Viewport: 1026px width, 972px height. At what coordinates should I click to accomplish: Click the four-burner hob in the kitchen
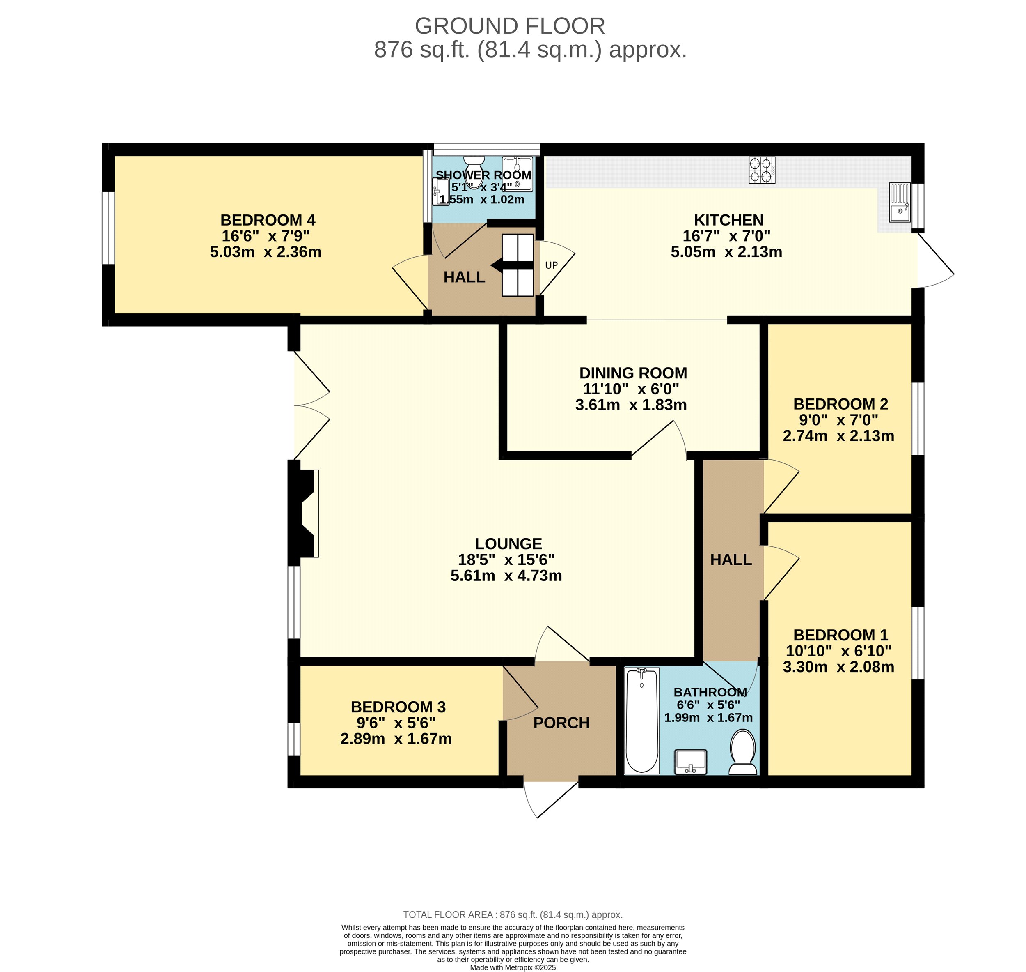[x=762, y=170]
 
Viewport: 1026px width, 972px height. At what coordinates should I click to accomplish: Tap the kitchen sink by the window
[x=900, y=202]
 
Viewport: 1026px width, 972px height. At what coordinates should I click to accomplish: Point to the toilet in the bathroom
[x=743, y=752]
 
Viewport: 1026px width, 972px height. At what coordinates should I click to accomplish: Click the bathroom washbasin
[x=691, y=762]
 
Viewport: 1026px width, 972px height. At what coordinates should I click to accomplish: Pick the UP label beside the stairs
[x=551, y=265]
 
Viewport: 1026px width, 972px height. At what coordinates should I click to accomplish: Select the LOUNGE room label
[x=508, y=544]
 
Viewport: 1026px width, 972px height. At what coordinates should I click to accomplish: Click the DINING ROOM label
[x=633, y=373]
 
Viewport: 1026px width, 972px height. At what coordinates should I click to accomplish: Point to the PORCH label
[x=561, y=723]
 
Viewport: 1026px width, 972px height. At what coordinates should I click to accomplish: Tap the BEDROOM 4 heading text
[x=268, y=220]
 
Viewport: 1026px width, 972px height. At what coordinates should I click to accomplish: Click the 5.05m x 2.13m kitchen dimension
[x=726, y=252]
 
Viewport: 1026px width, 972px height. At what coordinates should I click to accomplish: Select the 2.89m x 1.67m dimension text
[x=396, y=739]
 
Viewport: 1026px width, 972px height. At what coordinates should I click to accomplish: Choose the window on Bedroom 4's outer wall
[x=108, y=228]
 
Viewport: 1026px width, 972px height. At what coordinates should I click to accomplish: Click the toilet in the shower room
[x=473, y=168]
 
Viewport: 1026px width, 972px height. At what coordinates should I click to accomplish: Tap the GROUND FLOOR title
[x=510, y=26]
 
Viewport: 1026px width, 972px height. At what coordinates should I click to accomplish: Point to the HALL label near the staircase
[x=464, y=277]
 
